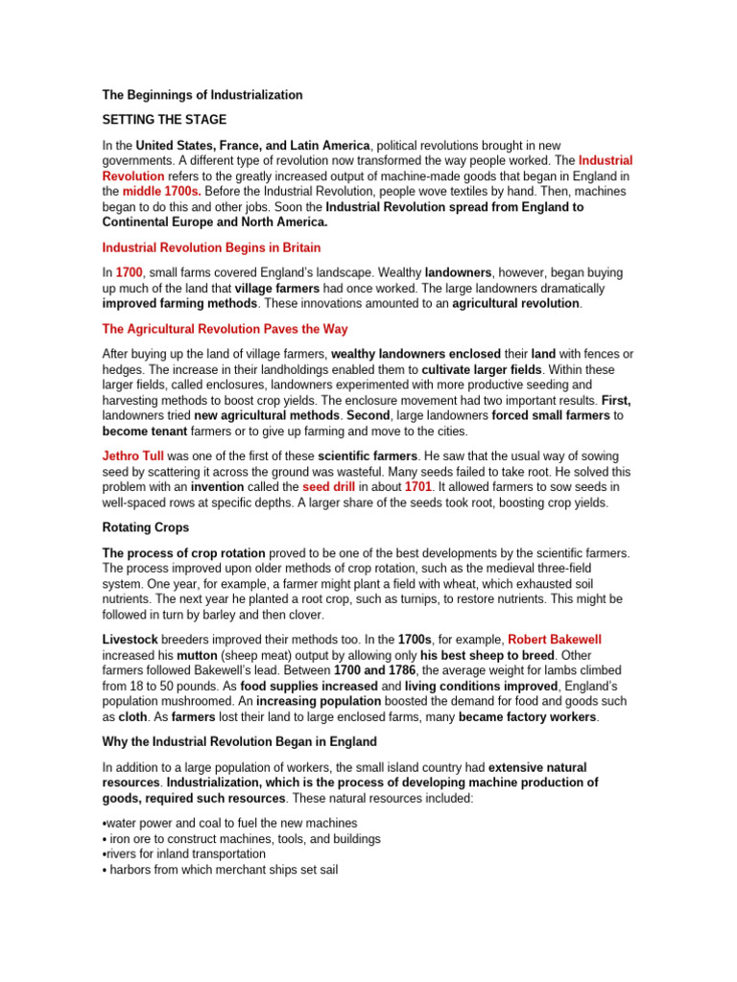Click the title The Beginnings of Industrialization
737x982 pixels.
tap(202, 95)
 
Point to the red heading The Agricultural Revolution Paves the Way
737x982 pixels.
tap(225, 328)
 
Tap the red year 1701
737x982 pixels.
tap(418, 487)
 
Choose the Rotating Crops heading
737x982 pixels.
tap(147, 527)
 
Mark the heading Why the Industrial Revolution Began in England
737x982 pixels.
tap(239, 742)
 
